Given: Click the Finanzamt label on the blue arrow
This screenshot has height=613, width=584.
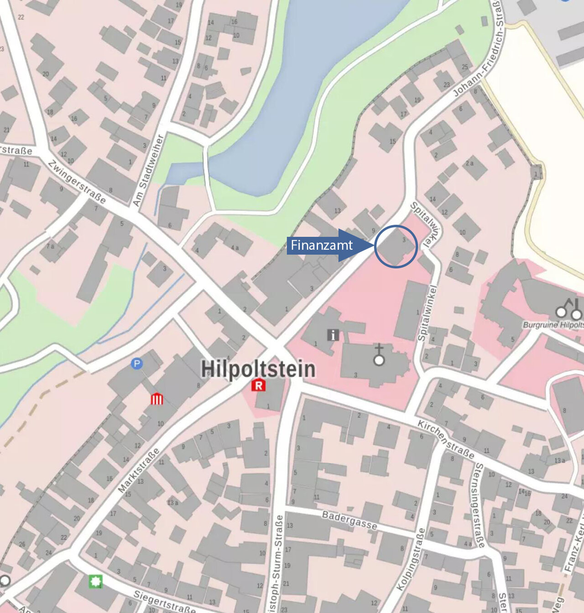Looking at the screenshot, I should [322, 246].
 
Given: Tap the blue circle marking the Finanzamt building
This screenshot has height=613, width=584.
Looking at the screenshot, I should [396, 246].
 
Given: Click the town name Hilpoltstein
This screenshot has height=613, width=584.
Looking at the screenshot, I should [258, 369].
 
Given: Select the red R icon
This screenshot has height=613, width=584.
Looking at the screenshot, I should [258, 386].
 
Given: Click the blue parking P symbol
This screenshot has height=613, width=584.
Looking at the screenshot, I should [136, 364].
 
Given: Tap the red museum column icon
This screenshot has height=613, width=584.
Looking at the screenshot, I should [156, 399].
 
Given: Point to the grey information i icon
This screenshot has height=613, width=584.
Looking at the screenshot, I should [333, 335].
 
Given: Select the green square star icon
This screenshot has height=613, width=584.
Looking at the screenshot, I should [95, 582].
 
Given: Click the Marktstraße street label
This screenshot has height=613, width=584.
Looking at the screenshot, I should [139, 471].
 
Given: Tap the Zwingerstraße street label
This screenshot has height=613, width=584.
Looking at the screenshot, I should [77, 182].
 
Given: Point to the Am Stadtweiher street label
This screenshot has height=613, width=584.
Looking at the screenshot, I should [147, 170].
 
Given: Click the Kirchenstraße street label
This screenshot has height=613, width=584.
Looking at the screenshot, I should [446, 440].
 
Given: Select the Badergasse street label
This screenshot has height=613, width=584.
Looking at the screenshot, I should [349, 520].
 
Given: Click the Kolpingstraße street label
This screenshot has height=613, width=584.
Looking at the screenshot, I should [410, 559].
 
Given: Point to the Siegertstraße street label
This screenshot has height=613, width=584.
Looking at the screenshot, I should [164, 602].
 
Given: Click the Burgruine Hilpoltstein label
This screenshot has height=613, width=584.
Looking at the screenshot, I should [553, 325].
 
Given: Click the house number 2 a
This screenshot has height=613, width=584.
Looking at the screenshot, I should [469, 163].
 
